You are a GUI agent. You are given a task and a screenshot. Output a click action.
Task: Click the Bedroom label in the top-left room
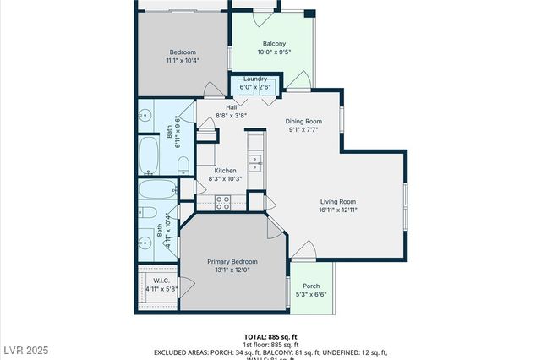pyautogui.click(x=183, y=51)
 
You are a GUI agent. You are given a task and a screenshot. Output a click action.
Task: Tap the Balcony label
pyautogui.click(x=273, y=44)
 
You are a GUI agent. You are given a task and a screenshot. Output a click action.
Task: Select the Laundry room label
pyautogui.click(x=255, y=79)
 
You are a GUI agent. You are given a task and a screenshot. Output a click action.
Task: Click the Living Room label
pyautogui.click(x=337, y=201)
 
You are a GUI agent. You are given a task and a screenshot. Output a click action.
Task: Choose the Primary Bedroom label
pyautogui.click(x=232, y=262)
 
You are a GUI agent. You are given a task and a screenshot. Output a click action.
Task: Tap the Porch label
pyautogui.click(x=310, y=286)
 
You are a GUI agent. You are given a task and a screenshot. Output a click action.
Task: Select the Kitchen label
pyautogui.click(x=225, y=170)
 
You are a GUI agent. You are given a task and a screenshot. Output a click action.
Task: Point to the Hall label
pyautogui.click(x=231, y=107)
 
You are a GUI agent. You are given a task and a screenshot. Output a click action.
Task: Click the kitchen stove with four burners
pyautogui.click(x=224, y=202)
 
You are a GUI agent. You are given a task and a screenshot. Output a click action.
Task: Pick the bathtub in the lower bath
pyautogui.click(x=156, y=189)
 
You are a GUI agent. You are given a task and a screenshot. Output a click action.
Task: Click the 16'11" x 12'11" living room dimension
pyautogui.click(x=337, y=210)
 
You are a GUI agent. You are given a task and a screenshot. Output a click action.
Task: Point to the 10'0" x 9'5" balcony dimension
pyautogui.click(x=273, y=52)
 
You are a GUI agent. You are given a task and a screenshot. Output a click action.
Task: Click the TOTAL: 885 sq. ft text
pyautogui.click(x=271, y=335)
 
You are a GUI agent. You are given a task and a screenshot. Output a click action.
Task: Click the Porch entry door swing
pyautogui.click(x=304, y=249)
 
